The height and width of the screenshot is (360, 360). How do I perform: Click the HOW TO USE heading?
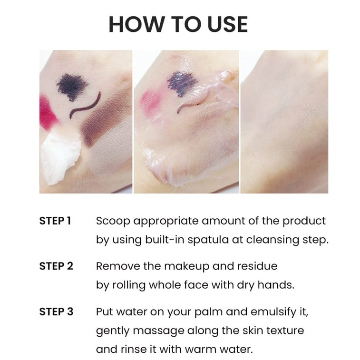click(x=178, y=24)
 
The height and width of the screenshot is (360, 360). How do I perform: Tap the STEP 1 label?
click(x=55, y=221)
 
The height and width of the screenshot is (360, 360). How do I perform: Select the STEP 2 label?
click(x=56, y=266)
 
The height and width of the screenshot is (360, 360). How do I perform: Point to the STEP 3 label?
click(x=56, y=311)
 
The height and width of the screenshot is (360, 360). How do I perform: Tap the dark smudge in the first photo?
click(x=72, y=87)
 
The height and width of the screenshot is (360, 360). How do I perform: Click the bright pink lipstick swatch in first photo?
click(x=48, y=113)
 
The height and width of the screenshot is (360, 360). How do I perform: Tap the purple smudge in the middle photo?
click(x=181, y=83)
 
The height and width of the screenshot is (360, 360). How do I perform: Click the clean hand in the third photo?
click(x=285, y=122)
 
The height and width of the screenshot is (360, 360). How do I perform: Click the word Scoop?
click(x=113, y=221)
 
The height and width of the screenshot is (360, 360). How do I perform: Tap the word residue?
click(x=257, y=266)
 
